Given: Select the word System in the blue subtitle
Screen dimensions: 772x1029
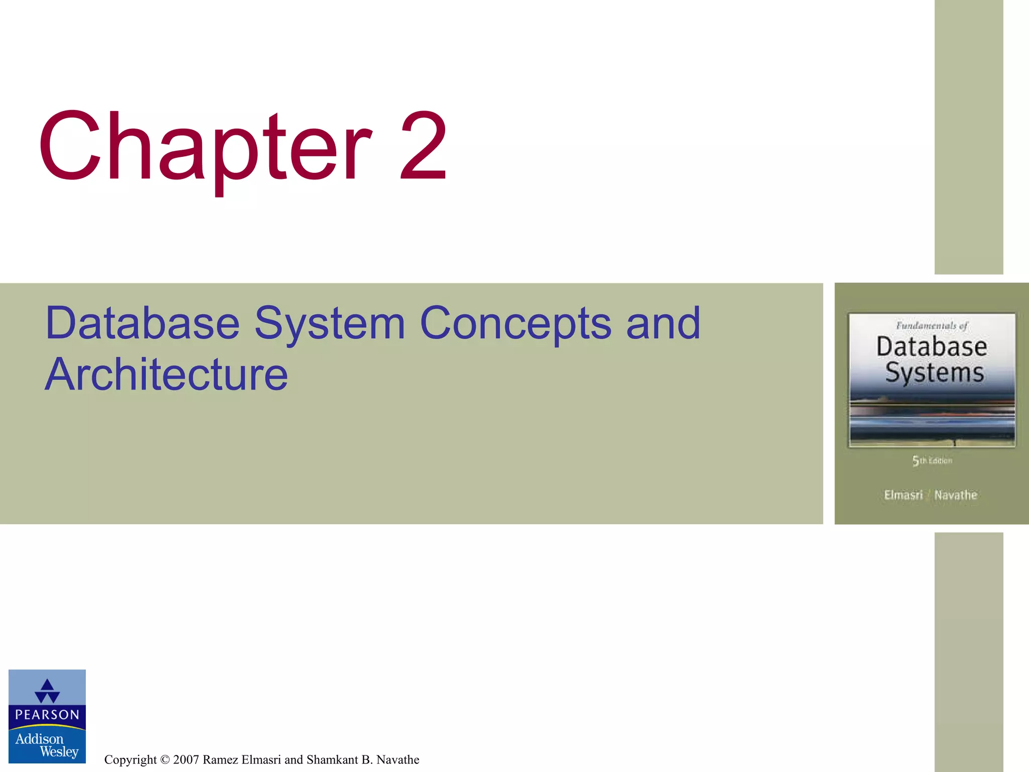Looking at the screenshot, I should click(x=330, y=324).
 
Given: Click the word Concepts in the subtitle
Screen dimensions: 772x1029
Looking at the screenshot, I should click(x=516, y=324).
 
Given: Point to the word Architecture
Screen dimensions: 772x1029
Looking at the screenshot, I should click(x=166, y=374).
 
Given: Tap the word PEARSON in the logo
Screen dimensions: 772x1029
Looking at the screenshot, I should click(x=47, y=715).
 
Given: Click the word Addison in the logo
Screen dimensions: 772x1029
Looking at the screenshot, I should click(x=39, y=739).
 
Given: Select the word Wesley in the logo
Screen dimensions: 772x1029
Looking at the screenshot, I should click(x=59, y=752).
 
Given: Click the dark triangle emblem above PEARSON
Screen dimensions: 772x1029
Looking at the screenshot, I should click(x=47, y=691).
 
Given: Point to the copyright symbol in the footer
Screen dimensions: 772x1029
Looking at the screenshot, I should click(x=165, y=759).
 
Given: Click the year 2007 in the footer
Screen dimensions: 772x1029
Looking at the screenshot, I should click(x=186, y=759).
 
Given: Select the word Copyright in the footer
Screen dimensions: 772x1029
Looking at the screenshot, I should click(x=130, y=759).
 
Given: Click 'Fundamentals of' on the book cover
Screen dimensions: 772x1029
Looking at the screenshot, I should click(x=932, y=326).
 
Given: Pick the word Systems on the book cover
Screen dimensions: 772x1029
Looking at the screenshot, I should click(x=934, y=373).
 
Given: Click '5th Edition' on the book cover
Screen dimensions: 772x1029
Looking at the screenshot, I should click(x=932, y=460).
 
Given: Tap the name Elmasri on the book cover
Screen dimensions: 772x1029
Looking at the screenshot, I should click(x=903, y=495).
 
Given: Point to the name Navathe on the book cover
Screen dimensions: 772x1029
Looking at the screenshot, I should click(x=956, y=495).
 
